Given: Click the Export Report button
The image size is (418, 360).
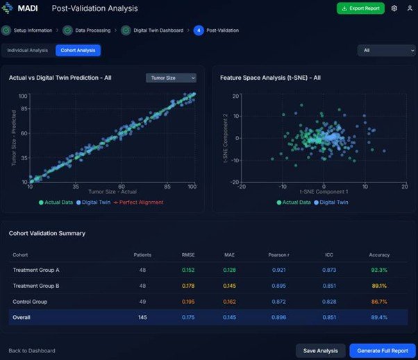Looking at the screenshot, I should point(360,8).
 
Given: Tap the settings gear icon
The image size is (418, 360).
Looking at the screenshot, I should point(394,8).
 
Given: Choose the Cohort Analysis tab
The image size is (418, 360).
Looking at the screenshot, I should point(78,50).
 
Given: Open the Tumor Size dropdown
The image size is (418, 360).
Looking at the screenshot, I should point(171,78).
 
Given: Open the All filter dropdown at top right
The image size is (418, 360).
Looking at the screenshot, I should point(386,50).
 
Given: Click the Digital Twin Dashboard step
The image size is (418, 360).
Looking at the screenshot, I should point(151,31).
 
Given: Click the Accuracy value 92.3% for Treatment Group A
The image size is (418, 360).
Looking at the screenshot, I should point(378,270).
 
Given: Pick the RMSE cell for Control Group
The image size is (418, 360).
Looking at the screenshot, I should point(188,302).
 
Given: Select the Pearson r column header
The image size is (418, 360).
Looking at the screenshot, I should point(277,255).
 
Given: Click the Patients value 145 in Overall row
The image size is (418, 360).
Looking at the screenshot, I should point(142,317).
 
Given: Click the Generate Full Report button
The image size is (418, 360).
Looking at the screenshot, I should point(382,350).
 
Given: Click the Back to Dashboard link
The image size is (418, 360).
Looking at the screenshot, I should point(32,350).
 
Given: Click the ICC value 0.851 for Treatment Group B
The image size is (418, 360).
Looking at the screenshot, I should point(329,286).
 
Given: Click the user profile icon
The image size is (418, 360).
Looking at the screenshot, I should point(410,8).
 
